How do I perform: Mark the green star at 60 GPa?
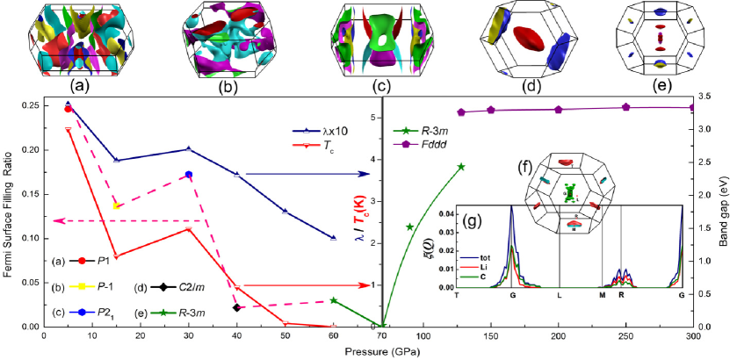click(x=334, y=300)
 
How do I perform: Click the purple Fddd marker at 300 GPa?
click(x=692, y=107)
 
